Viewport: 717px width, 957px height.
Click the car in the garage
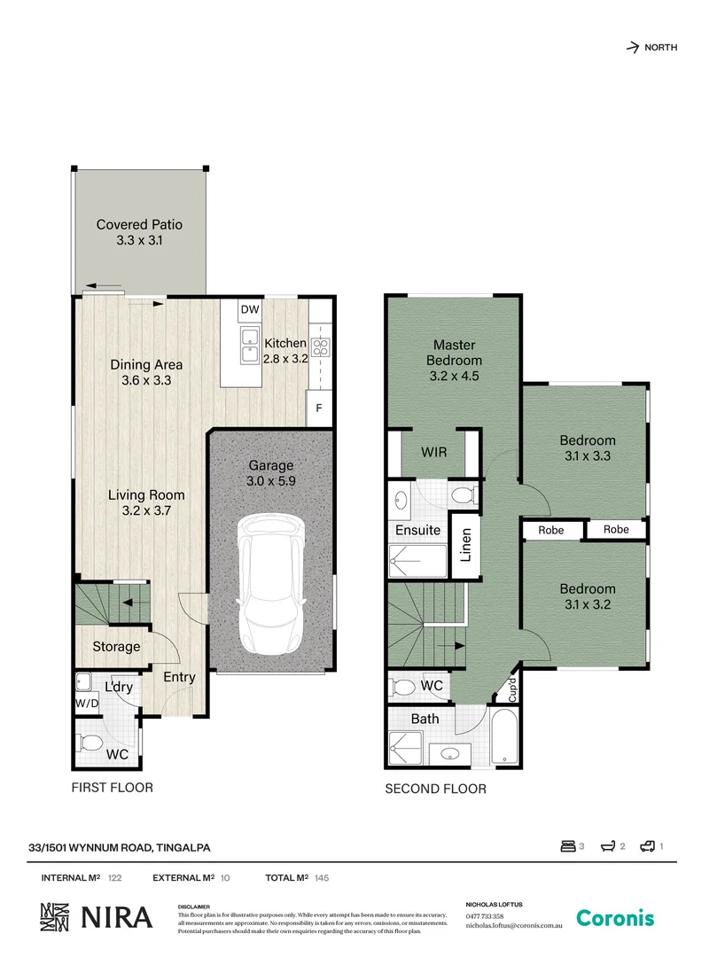272,585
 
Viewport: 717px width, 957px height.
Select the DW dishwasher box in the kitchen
249,310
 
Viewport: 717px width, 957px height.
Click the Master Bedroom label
454,353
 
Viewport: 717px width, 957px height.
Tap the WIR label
433,452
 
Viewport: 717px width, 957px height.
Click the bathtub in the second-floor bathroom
504,735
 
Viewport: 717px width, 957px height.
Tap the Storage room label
116,647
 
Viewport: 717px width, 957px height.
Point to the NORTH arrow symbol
633,48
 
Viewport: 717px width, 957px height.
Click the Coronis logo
615,918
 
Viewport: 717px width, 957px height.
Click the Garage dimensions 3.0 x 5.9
270,481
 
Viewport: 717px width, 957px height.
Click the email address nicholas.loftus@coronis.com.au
515,925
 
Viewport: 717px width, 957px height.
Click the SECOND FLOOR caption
435,789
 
